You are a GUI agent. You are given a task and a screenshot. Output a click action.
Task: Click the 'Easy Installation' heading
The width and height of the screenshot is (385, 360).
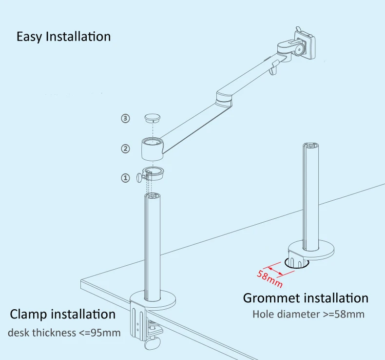(63, 37)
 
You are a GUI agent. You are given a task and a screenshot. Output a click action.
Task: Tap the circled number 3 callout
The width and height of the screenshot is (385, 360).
(126, 118)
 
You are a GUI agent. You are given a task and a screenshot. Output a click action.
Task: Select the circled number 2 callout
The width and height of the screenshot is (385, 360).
(126, 148)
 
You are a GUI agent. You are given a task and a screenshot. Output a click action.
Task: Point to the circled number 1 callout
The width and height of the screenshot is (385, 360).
(126, 178)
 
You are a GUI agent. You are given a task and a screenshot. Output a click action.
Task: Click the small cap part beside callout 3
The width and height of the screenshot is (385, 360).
(153, 117)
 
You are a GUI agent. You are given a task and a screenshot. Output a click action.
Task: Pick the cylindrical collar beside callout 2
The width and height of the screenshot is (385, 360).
(153, 148)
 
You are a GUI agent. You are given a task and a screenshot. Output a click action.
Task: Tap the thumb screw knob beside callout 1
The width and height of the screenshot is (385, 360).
(139, 177)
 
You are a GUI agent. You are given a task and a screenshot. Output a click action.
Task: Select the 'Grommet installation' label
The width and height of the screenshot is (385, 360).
(306, 297)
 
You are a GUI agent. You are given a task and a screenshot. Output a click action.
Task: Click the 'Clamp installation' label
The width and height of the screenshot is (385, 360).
(63, 314)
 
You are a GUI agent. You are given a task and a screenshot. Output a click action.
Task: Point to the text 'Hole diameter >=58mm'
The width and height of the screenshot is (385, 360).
(308, 314)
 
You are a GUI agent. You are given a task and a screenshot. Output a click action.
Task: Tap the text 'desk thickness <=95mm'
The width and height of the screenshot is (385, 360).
(64, 333)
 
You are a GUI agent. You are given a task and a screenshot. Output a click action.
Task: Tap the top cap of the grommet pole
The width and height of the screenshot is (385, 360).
(310, 146)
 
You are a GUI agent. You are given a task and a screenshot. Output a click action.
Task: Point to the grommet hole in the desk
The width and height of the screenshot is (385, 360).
(297, 264)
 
